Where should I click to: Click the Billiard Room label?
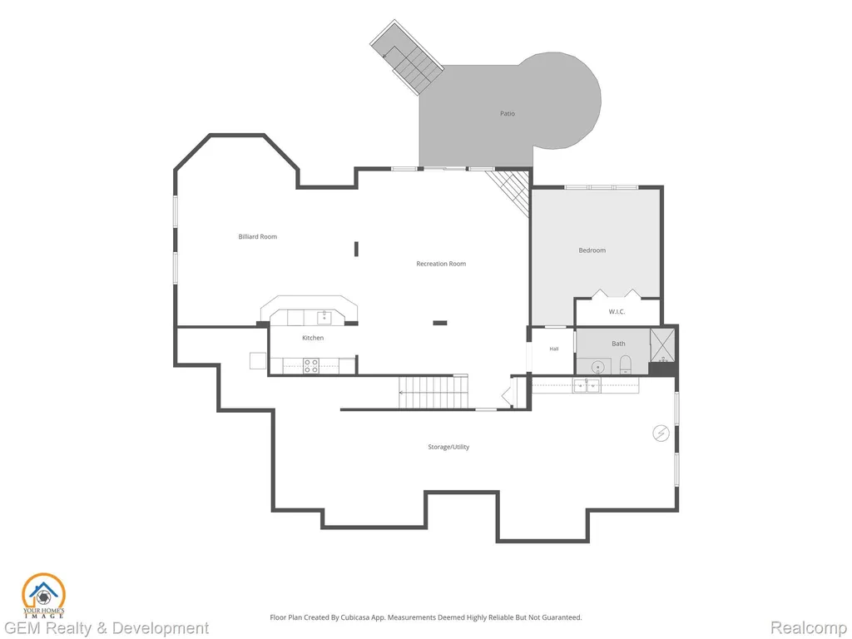coord(258,237)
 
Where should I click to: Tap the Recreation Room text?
coord(441,264)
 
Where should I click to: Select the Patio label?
coord(508,113)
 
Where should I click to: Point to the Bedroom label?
coord(592,250)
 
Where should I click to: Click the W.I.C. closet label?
coord(617,312)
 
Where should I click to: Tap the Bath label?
coord(618,344)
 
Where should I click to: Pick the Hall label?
coord(553,349)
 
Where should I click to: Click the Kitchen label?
coord(313,338)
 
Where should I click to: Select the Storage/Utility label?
coord(448,447)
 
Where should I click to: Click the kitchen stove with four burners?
coord(311,366)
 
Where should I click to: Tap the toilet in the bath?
coord(626,364)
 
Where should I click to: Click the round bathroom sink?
coord(597,368)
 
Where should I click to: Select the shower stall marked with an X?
coord(662,345)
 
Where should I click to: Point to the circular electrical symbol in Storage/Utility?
coord(661,433)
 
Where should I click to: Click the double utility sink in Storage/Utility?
coord(587,386)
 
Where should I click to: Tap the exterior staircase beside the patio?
coord(407,58)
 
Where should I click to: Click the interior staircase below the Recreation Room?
coord(433,391)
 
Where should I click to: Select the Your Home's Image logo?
coord(43,596)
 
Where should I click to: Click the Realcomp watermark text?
coord(809,628)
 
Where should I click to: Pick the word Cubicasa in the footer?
coord(354,618)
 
